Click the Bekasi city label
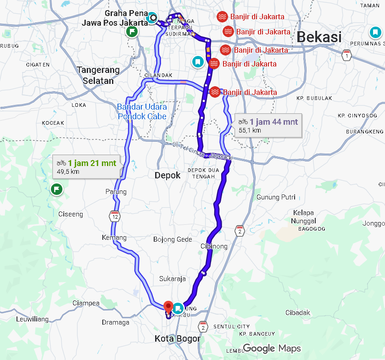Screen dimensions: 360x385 coord(320,37)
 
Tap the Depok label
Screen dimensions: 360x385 coord(167,175)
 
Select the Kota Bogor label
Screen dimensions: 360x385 coord(177,339)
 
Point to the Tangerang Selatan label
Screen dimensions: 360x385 coord(98,75)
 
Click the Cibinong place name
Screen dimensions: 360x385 coord(214,246)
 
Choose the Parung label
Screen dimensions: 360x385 coord(116,191)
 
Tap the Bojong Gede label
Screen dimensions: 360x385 coord(173,239)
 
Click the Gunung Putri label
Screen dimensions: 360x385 coord(274,197)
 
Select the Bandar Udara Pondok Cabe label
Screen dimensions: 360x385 coord(142,111)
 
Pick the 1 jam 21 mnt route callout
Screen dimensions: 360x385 coord(87,167)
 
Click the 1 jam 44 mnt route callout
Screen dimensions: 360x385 coord(268,125)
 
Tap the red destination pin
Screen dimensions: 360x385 coord(168,306)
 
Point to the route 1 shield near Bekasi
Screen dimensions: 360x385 coord(347,56)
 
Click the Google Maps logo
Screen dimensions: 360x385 coord(272,349)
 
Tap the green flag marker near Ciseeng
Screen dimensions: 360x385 coord(56,188)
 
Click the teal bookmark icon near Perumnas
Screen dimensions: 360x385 coord(375,33)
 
